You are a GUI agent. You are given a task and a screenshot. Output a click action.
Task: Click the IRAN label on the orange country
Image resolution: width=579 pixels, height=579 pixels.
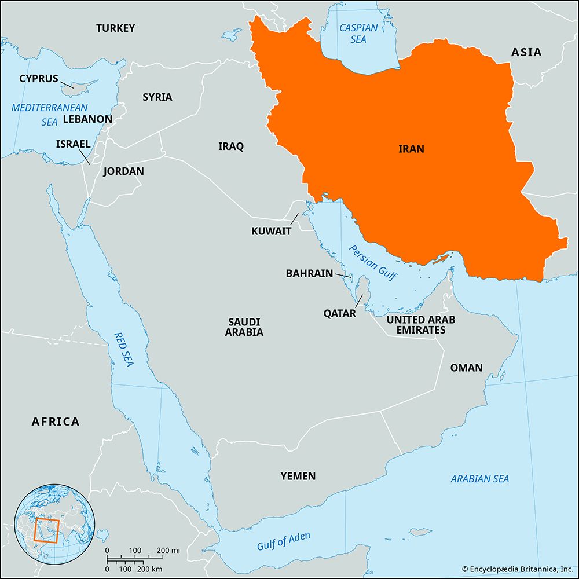(x=411, y=149)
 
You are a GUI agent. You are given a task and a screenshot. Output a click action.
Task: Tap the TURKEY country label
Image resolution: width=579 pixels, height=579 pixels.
(x=116, y=28)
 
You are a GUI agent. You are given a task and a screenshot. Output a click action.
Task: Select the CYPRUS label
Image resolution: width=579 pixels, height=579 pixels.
(x=39, y=78)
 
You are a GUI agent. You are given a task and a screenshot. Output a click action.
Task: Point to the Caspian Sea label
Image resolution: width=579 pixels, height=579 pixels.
(x=358, y=32)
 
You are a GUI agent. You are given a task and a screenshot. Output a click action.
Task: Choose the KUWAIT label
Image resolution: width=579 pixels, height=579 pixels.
(x=271, y=231)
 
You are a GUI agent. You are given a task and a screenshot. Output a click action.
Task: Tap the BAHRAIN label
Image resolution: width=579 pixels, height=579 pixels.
(x=309, y=273)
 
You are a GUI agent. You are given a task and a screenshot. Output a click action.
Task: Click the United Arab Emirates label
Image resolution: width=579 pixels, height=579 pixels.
(x=421, y=324)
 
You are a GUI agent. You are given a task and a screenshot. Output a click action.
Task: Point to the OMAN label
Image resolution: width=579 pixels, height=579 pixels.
(x=466, y=368)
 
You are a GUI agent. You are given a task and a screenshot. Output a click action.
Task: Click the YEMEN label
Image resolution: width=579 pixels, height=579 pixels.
(x=298, y=476)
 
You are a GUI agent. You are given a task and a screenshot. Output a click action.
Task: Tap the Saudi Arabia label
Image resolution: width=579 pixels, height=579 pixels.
(x=245, y=327)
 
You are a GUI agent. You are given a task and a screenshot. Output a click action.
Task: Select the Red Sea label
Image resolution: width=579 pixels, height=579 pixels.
(x=123, y=350)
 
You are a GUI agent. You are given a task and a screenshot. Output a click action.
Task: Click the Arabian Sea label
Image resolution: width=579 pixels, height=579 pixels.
(x=480, y=479)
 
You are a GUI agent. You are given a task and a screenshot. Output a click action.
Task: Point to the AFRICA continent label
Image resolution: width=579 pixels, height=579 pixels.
(x=56, y=422)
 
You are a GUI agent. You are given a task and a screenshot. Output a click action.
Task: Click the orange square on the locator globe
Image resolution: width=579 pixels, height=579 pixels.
(x=46, y=530)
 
